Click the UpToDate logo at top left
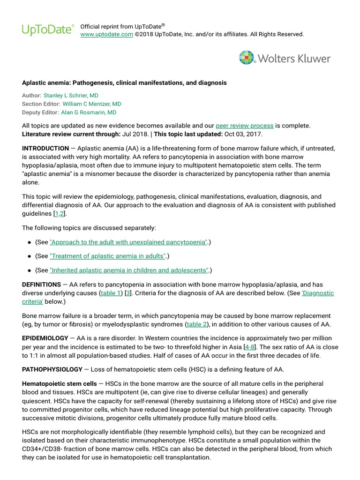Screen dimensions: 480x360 [x=48, y=30]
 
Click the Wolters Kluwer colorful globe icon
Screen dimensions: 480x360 [x=247, y=58]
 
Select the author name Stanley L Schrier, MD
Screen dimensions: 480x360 [x=71, y=95]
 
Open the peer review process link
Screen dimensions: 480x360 [x=244, y=126]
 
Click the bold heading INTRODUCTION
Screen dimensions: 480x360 [x=45, y=148]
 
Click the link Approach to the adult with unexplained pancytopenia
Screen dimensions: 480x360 [x=128, y=242]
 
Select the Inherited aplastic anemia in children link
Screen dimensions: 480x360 [x=129, y=270]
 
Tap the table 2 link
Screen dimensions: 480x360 [x=197, y=324]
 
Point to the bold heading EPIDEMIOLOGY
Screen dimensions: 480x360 [x=46, y=338]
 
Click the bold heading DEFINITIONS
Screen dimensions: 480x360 [x=42, y=285]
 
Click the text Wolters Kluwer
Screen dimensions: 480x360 [x=294, y=59]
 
